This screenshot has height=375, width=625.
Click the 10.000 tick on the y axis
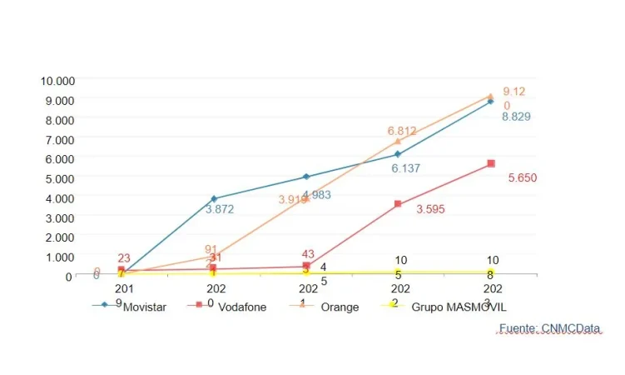pos(58,80)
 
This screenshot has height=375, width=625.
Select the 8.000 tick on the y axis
pos(61,119)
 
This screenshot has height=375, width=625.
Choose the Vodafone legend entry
pos(243,307)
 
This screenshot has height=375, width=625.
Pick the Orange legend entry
pos(338,307)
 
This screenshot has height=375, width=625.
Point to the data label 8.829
pos(516,117)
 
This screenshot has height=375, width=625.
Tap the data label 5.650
pos(524,177)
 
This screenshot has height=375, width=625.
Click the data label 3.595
pos(430,209)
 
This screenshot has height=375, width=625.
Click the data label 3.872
pos(220,209)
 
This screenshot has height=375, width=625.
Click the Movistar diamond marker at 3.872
pos(214,198)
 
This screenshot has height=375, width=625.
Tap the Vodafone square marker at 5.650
pos(491,163)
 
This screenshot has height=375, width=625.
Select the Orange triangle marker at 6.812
pos(398,141)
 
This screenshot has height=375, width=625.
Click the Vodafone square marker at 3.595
pos(398,203)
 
